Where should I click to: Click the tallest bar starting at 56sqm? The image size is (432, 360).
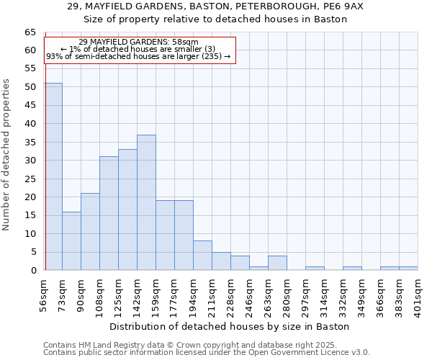53,176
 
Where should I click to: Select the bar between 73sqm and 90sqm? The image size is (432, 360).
71,240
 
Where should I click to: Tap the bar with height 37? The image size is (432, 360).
146,202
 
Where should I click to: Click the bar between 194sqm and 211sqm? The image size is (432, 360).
202,255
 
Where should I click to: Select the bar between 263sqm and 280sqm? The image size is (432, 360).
277,263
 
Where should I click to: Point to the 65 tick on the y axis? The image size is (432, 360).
30,32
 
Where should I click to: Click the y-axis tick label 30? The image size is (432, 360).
30,161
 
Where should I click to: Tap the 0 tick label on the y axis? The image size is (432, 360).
32,271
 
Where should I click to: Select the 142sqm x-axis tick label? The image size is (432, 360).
138,294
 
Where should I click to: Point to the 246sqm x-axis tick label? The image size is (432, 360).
250,294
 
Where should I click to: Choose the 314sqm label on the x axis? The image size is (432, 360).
325,294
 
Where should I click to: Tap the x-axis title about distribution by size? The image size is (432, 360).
230,326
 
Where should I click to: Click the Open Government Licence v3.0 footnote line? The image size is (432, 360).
207,353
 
